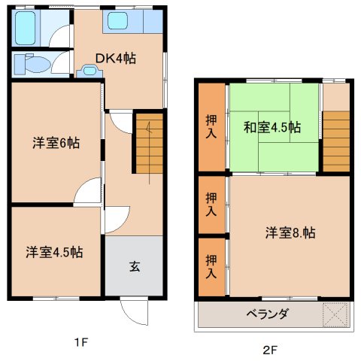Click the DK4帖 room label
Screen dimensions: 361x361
115,58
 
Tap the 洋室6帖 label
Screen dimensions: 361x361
56,142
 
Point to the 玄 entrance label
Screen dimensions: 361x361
134,265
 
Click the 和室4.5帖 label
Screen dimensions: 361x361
272,127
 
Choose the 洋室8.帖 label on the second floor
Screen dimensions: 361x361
290,233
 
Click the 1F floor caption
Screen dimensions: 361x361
80,344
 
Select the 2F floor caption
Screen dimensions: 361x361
270,349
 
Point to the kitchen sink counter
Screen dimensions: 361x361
132,21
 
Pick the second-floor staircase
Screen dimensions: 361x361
337,141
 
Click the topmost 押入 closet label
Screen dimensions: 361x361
211,126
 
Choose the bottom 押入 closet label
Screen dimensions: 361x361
211,265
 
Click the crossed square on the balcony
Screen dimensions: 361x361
335,314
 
